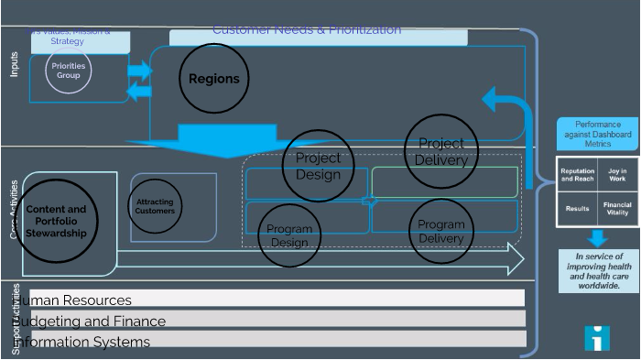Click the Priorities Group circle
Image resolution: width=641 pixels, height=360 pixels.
[69, 71]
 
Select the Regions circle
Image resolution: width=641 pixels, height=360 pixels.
[213, 79]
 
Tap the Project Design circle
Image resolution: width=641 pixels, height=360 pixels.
[318, 165]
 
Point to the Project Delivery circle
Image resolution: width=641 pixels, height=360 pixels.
[441, 151]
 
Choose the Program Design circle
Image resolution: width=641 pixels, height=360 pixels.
[289, 235]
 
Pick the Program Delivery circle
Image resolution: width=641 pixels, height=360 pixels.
[441, 231]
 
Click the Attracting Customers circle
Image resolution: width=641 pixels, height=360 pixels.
[155, 206]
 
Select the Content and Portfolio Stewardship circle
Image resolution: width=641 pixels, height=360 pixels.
[56, 221]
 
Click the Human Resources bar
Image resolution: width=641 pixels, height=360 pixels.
[275, 299]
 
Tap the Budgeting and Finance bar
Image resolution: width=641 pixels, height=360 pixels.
[275, 320]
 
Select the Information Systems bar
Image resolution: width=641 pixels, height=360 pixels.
[275, 340]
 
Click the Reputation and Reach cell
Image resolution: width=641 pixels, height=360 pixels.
[578, 174]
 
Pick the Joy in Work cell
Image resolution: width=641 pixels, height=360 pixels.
[618, 174]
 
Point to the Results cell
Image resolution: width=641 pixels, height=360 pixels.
[578, 209]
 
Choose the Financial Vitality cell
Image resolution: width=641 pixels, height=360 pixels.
[618, 209]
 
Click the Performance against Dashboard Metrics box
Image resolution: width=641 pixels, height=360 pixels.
[598, 134]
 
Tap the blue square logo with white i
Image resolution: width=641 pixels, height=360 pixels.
[597, 338]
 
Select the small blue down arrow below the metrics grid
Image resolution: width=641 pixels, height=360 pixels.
[597, 238]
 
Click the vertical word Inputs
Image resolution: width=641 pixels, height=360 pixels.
[14, 64]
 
